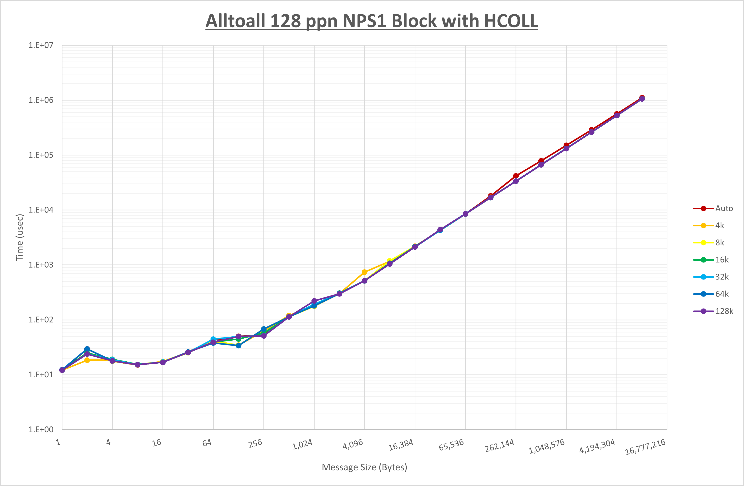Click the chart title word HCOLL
point(511,21)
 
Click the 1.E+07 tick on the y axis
point(41,45)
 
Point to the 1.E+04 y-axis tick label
point(41,210)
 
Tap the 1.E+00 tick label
point(41,429)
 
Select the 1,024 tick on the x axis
point(302,444)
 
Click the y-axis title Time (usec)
point(19,237)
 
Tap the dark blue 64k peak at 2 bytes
point(87,349)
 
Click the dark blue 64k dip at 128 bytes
point(238,346)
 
